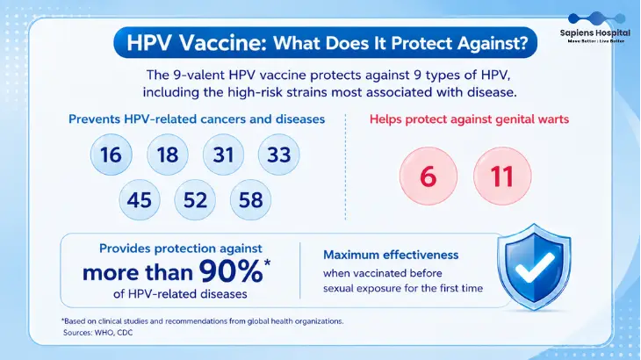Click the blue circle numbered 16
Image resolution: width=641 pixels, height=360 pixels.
click(112, 155)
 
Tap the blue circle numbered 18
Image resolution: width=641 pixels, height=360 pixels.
click(168, 155)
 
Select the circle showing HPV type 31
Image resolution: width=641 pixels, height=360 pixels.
click(223, 155)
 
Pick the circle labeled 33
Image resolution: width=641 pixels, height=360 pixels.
click(279, 155)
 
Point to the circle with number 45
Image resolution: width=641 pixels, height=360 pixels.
click(140, 200)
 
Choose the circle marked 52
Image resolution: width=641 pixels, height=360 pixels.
click(195, 200)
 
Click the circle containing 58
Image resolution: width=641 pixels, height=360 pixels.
click(250, 200)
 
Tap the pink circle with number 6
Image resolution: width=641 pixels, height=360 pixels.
click(429, 176)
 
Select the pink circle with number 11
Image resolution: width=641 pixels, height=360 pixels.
click(502, 176)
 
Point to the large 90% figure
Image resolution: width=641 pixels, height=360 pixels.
click(231, 271)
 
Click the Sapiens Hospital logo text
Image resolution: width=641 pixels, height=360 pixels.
click(595, 33)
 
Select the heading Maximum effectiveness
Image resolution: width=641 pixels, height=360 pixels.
click(391, 255)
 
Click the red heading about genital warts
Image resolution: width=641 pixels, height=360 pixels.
click(469, 119)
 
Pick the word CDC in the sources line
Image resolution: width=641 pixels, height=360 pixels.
click(125, 333)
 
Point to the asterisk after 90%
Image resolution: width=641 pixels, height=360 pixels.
click(267, 263)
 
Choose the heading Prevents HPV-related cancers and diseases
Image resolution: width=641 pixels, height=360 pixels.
click(197, 119)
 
